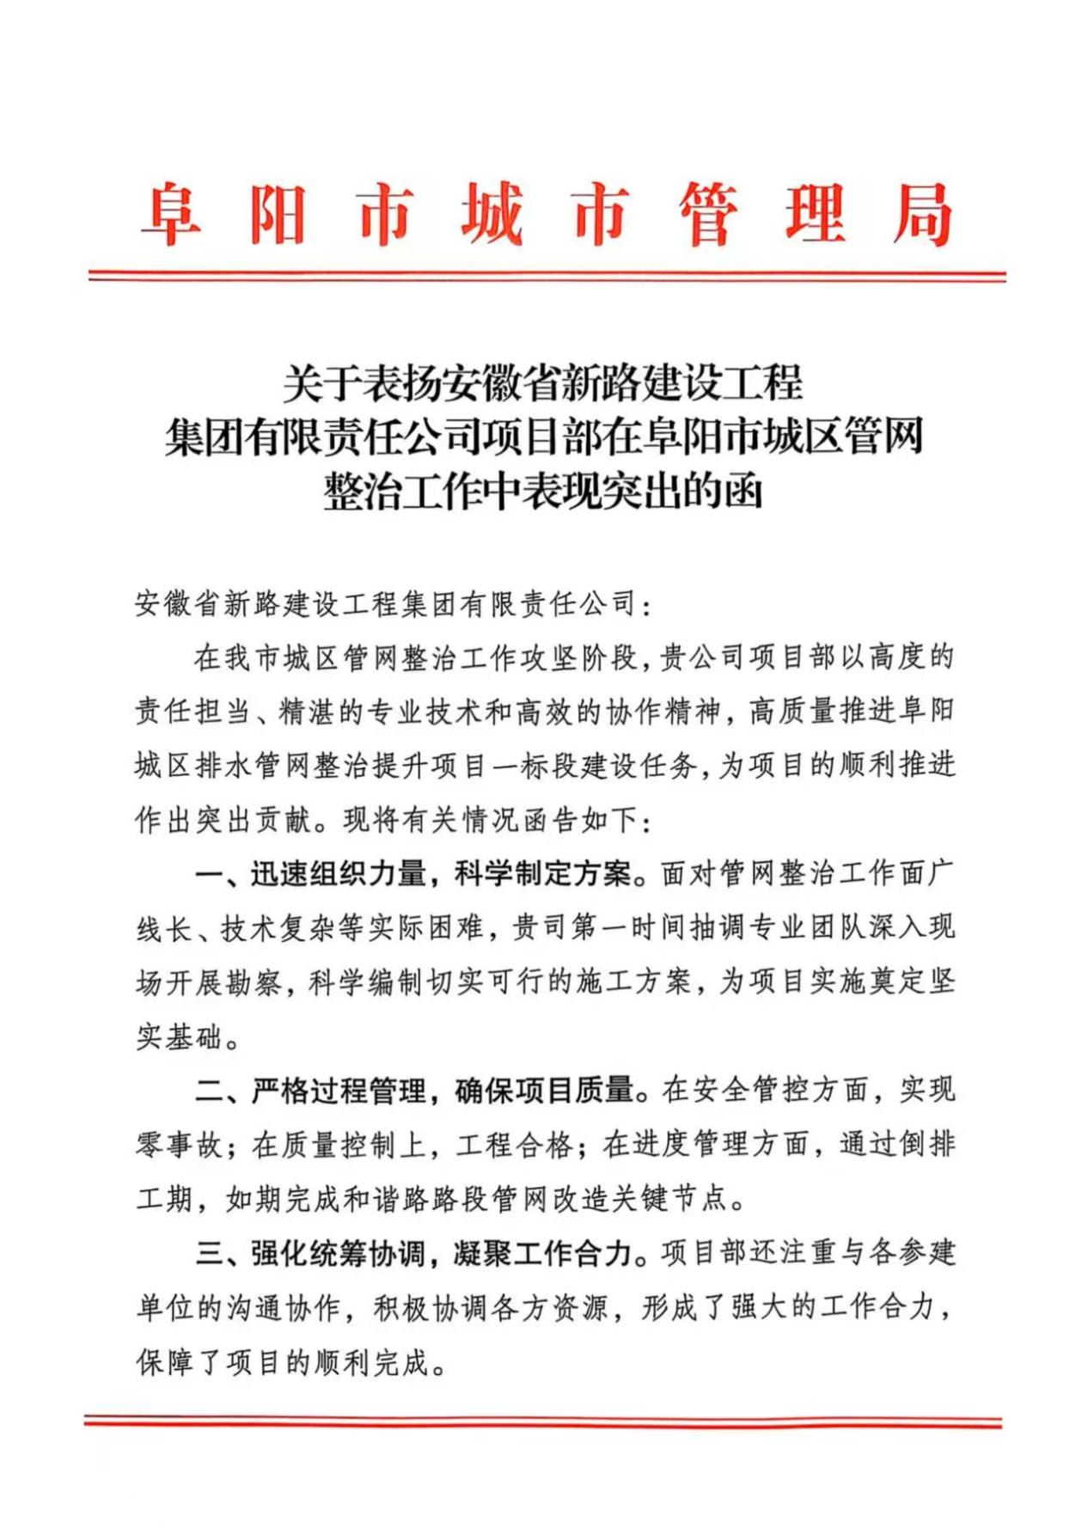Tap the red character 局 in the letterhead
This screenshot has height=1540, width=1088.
(921, 214)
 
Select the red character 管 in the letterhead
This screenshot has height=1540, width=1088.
(708, 214)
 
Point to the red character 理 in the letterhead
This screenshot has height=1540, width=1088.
(815, 214)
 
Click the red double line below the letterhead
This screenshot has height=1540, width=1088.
(547, 276)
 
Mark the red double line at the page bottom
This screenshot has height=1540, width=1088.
(543, 1422)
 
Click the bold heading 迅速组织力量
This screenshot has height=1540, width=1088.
(339, 874)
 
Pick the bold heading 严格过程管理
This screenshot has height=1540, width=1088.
(339, 1091)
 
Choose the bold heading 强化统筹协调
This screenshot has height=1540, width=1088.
(339, 1253)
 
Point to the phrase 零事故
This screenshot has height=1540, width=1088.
(179, 1145)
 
